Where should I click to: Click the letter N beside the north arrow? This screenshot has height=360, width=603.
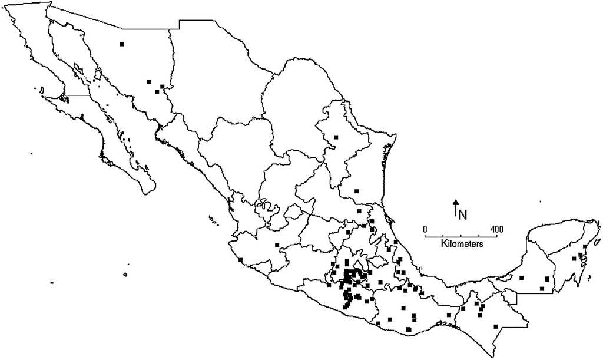tap(463, 214)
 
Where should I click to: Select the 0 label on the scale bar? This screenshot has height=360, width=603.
tap(425, 229)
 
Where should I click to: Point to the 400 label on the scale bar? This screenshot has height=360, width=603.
tap(496, 229)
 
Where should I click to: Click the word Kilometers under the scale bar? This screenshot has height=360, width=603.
tap(462, 243)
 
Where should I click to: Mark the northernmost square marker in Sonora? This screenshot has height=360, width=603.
tap(122, 44)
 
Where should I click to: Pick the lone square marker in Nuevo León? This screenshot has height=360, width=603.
tap(336, 137)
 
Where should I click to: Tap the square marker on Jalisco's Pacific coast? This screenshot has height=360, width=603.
tap(240, 260)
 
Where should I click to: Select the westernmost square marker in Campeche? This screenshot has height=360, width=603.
tap(521, 278)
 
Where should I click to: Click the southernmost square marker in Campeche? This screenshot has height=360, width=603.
tap(542, 289)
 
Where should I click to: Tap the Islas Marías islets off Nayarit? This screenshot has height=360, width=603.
tap(211, 220)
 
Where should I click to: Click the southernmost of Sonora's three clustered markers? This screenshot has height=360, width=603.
tap(157, 91)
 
